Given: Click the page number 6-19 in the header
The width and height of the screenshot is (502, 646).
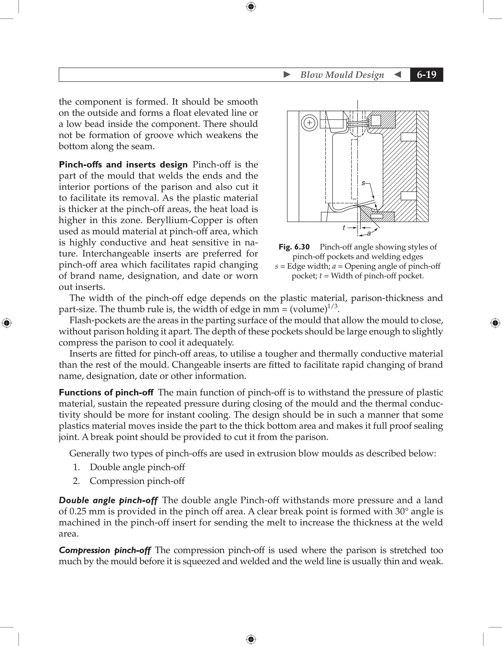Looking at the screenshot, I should pyautogui.click(x=426, y=75).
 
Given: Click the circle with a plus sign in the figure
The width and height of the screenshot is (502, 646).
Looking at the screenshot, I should pyautogui.click(x=309, y=123).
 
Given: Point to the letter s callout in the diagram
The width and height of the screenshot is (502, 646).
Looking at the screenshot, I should pyautogui.click(x=363, y=183).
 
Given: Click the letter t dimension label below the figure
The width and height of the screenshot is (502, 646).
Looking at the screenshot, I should pyautogui.click(x=344, y=228).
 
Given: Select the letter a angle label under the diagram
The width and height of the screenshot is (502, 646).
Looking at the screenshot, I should pyautogui.click(x=369, y=233).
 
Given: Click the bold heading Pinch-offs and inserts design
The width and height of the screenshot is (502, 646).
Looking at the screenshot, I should pyautogui.click(x=123, y=164).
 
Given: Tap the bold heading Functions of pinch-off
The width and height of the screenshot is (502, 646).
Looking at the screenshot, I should pyautogui.click(x=106, y=393).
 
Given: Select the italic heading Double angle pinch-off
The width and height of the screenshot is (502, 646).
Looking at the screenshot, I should pyautogui.click(x=108, y=500).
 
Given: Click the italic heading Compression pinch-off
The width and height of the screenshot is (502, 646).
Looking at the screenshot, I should pyautogui.click(x=105, y=550).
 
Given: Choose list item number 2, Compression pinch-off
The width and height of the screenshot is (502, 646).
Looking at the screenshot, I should pyautogui.click(x=137, y=481).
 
